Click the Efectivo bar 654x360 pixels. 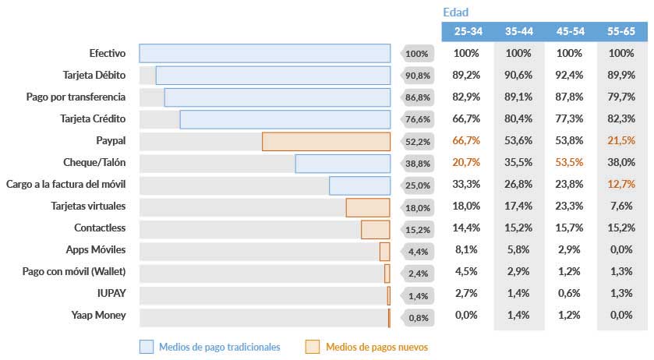pyautogui.click(x=265, y=53)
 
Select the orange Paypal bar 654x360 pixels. pyautogui.click(x=326, y=141)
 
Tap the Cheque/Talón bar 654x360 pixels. pyautogui.click(x=342, y=163)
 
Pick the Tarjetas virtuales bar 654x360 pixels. pyautogui.click(x=368, y=207)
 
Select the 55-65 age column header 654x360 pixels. pyautogui.click(x=621, y=31)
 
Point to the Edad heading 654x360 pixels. pyautogui.click(x=455, y=12)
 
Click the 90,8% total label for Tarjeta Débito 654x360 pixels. pyautogui.click(x=418, y=76)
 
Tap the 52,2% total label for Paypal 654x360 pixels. pyautogui.click(x=418, y=142)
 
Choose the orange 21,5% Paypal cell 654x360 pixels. pyautogui.click(x=621, y=141)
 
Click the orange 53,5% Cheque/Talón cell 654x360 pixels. pyautogui.click(x=570, y=163)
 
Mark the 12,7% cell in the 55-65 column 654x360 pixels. pyautogui.click(x=621, y=185)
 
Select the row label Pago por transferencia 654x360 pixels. pyautogui.click(x=74, y=97)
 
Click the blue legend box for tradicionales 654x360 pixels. pyautogui.click(x=146, y=347)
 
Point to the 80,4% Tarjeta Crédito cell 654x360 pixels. pyautogui.click(x=518, y=119)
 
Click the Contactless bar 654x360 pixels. pyautogui.click(x=375, y=229)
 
